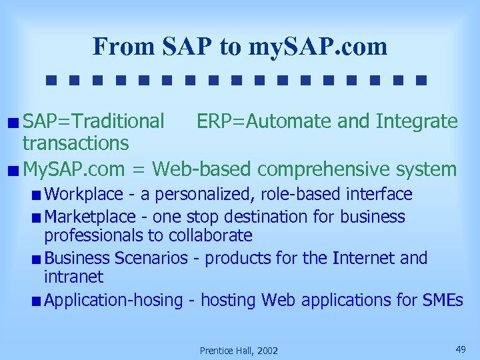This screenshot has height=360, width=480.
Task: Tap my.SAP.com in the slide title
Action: [317, 47]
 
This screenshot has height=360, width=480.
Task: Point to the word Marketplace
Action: [91, 217]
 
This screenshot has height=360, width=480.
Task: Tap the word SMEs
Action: [443, 301]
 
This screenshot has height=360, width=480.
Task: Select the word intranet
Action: [73, 276]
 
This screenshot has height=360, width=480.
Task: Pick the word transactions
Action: [75, 143]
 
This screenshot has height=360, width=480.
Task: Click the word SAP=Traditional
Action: [93, 121]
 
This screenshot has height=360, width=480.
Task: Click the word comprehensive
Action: [322, 169]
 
